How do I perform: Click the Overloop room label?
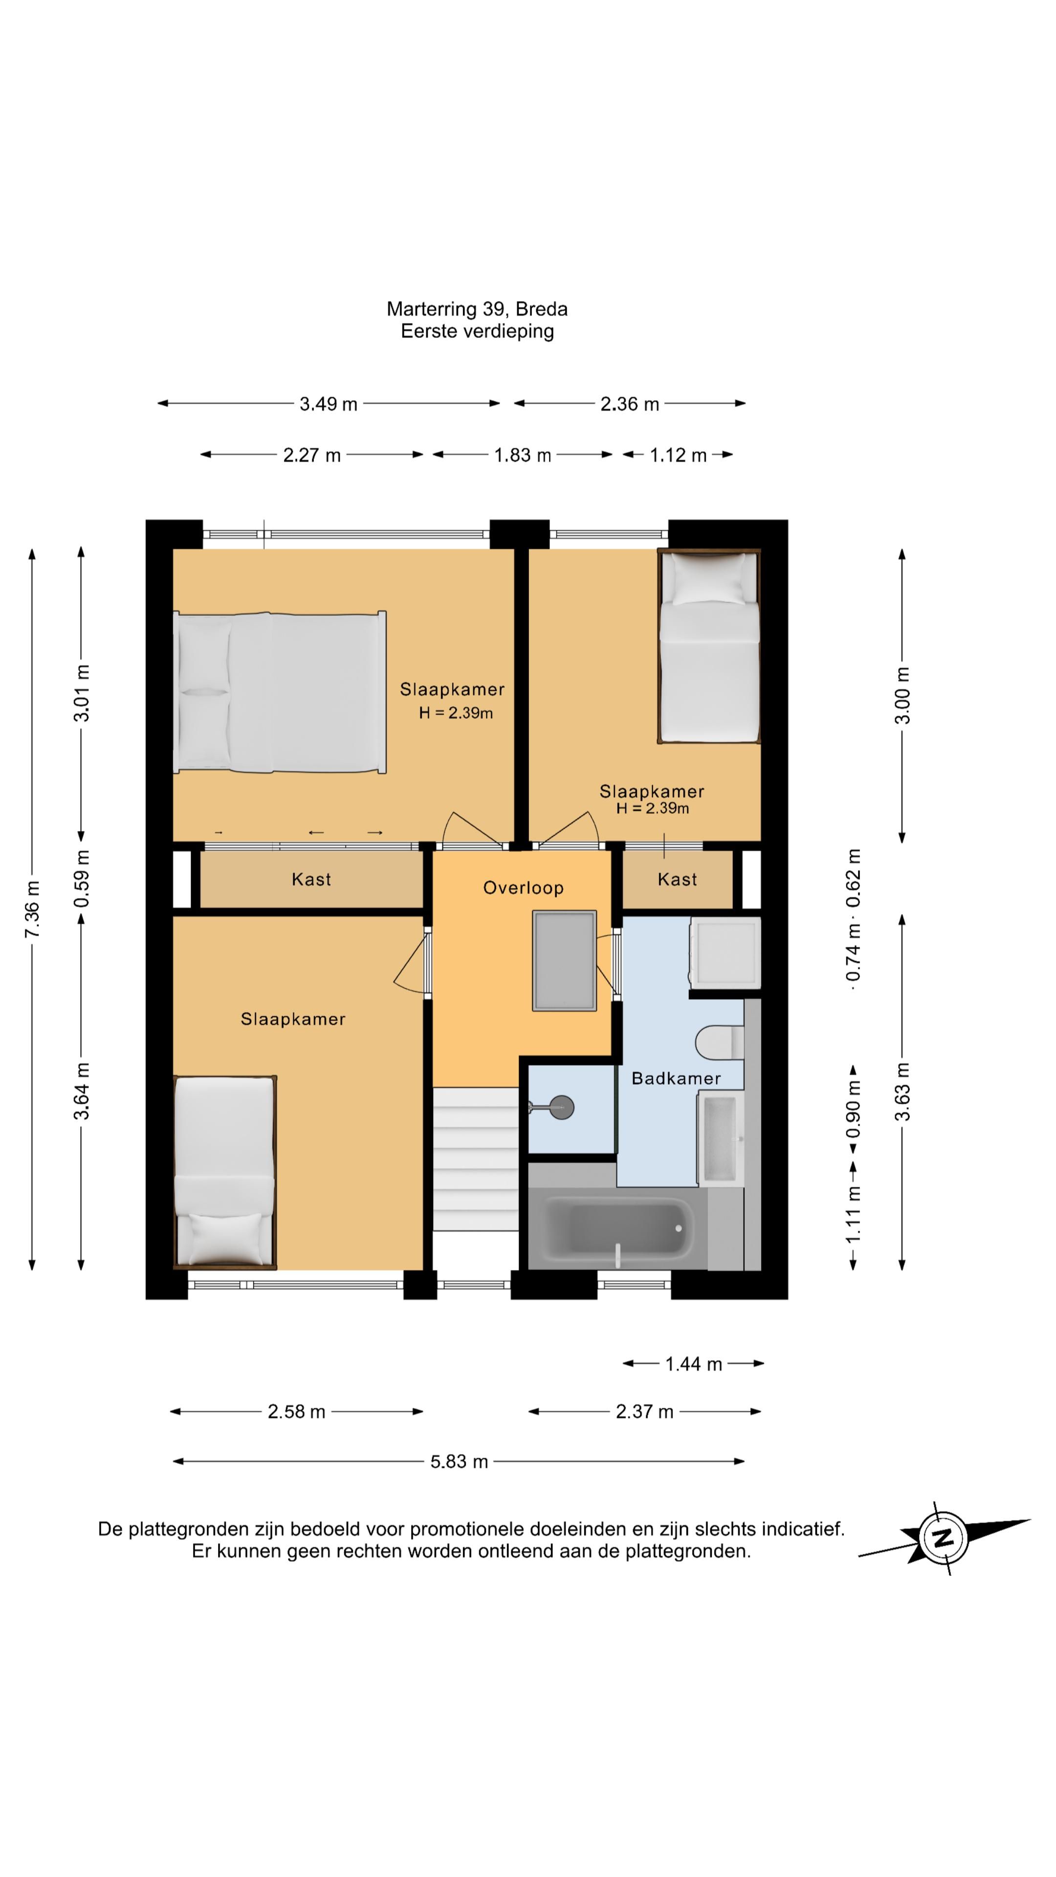523,888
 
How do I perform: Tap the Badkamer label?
676,1078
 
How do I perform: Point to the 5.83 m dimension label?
459,1462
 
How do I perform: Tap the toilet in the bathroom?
719,1043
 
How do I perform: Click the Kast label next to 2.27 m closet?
311,879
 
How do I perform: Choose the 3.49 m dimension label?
329,404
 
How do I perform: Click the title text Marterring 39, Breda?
477,309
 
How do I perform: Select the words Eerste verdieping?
477,331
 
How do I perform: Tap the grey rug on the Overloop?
565,960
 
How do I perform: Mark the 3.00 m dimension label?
902,696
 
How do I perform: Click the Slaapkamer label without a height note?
293,1019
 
